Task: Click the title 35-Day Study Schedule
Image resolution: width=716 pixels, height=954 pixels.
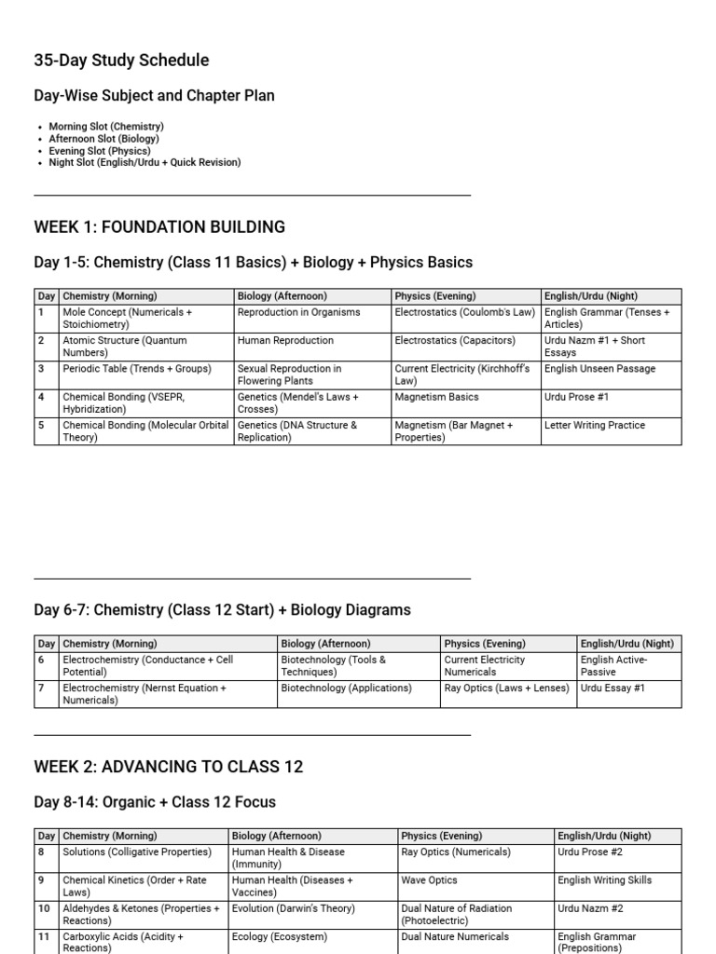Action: pyautogui.click(x=121, y=61)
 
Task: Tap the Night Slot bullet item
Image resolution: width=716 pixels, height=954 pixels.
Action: pyautogui.click(x=145, y=163)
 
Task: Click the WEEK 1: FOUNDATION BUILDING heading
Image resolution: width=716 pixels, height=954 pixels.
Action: pyautogui.click(x=159, y=227)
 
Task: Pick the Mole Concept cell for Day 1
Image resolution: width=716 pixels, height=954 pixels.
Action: pyautogui.click(x=128, y=319)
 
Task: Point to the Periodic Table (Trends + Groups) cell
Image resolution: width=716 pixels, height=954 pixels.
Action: pyautogui.click(x=137, y=369)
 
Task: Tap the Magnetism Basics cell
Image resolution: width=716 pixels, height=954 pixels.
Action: pyautogui.click(x=436, y=397)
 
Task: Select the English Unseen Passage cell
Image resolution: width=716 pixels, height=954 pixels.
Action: pyautogui.click(x=599, y=369)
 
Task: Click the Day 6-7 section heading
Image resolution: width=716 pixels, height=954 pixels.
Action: pyautogui.click(x=222, y=610)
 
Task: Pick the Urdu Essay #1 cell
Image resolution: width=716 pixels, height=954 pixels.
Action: pyautogui.click(x=613, y=688)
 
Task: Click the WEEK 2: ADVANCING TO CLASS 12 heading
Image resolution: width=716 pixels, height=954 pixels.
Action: pyautogui.click(x=168, y=768)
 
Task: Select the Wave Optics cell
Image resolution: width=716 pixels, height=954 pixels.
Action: pyautogui.click(x=430, y=880)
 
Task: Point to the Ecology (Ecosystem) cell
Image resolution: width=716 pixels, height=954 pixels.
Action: pyautogui.click(x=280, y=937)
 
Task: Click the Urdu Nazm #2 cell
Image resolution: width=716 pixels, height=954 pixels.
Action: pyautogui.click(x=591, y=908)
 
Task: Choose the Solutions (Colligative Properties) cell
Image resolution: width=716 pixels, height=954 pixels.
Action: pyautogui.click(x=137, y=852)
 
